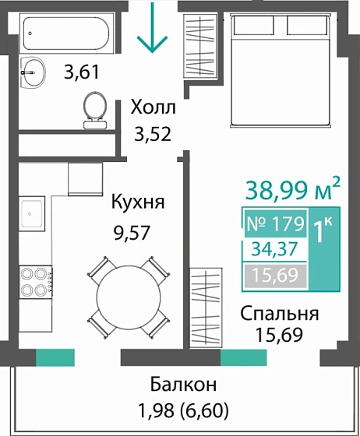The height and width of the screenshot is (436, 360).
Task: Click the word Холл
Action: click(x=153, y=107)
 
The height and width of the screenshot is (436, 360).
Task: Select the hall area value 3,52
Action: click(x=152, y=133)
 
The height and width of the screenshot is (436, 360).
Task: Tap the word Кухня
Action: click(x=137, y=203)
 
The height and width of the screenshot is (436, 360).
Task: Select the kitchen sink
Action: click(x=34, y=213)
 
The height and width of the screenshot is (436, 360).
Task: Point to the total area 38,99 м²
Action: click(x=293, y=188)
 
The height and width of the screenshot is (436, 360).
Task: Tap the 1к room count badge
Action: click(x=325, y=232)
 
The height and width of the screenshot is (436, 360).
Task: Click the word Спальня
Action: click(x=279, y=314)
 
